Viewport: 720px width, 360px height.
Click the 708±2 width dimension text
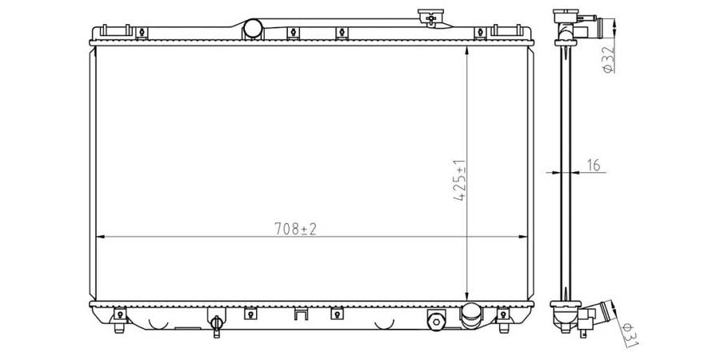tap(296, 229)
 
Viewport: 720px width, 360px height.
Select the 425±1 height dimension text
tap(460, 181)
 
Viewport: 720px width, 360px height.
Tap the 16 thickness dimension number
tap(594, 166)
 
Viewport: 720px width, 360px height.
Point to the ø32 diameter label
tap(608, 60)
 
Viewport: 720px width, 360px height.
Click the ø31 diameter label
tap(630, 334)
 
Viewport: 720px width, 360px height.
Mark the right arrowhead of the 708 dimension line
tap(522, 237)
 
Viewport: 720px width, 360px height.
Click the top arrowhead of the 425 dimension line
tap(466, 51)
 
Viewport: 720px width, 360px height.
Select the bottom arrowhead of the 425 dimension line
tap(466, 296)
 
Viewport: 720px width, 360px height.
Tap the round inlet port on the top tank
tap(253, 29)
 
